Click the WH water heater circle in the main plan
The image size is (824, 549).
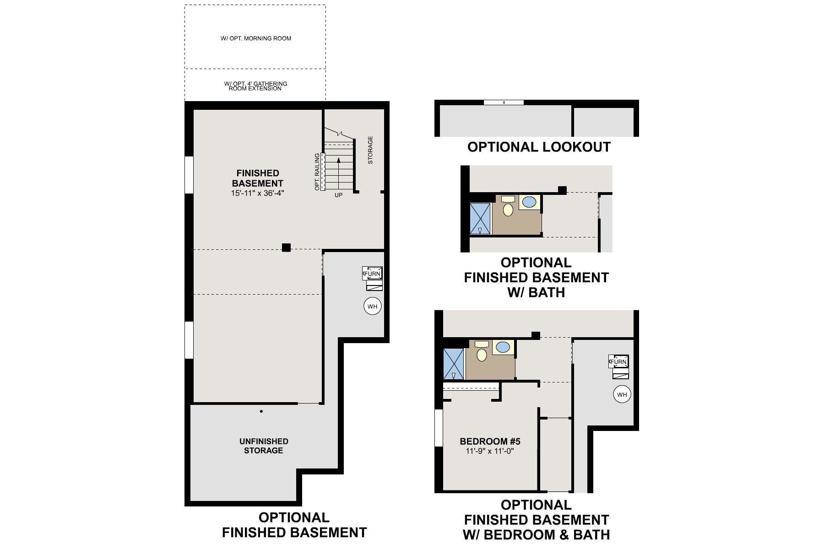373,306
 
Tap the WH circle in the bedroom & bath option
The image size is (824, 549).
622,394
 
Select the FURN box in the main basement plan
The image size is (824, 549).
372,274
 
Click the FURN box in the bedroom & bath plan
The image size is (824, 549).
618,361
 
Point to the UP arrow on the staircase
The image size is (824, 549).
338,173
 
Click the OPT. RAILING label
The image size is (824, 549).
317,172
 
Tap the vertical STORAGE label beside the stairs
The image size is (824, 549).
370,150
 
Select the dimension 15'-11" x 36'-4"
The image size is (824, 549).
258,193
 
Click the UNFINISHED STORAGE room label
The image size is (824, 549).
264,446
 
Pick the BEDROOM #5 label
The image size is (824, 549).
490,441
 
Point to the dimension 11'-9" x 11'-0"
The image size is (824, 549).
490,451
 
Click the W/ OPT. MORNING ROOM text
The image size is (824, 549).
256,38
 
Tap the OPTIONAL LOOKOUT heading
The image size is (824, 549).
539,147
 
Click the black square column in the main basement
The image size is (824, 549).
286,248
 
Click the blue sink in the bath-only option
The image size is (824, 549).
530,202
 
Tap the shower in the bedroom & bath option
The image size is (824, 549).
454,364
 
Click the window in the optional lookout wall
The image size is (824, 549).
504,102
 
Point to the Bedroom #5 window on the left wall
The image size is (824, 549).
439,428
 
